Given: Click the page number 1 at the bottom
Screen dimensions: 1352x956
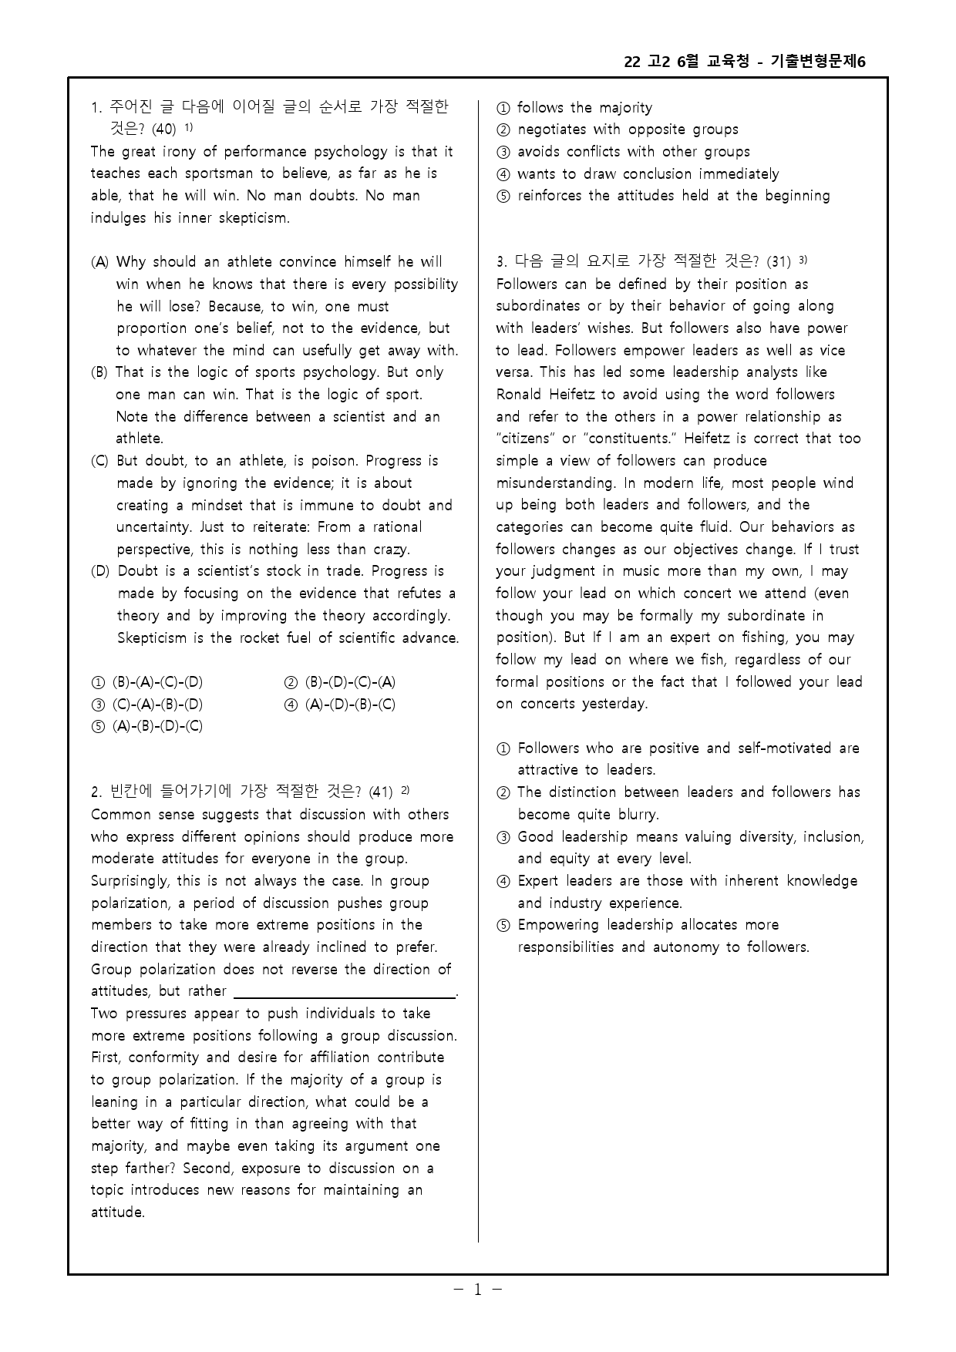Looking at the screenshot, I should [477, 1289].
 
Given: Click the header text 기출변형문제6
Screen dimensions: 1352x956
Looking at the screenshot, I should [818, 62].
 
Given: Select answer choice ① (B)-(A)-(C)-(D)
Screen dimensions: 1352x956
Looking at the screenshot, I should [147, 682].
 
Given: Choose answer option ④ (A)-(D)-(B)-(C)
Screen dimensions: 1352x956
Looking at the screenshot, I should [340, 705].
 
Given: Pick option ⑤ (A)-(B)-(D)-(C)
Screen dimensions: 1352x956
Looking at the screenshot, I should [147, 726].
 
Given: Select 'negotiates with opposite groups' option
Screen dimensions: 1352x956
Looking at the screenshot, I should [627, 129].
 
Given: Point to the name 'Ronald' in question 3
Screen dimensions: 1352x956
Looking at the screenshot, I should [520, 395].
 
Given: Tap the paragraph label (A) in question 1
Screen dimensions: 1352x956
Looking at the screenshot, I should [100, 262].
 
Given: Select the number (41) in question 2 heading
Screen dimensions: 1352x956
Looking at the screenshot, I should [381, 792].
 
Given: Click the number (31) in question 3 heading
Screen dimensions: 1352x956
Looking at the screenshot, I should [779, 262].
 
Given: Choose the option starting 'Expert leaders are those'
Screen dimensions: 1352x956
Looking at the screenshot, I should [686, 881].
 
